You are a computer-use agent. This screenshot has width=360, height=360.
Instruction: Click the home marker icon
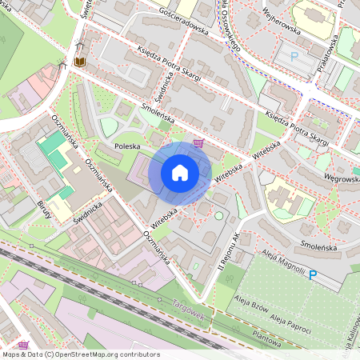[180, 172]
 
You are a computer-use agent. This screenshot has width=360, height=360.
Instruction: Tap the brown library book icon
[79, 60]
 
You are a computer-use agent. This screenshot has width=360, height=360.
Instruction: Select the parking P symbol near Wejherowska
[294, 57]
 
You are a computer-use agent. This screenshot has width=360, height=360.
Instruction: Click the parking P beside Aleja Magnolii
[314, 274]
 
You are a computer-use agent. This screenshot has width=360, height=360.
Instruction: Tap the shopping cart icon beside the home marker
[198, 144]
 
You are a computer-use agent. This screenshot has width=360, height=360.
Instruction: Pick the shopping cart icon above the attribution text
[24, 344]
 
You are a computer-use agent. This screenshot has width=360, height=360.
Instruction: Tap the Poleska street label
[127, 147]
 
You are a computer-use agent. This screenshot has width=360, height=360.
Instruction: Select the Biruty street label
[43, 210]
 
